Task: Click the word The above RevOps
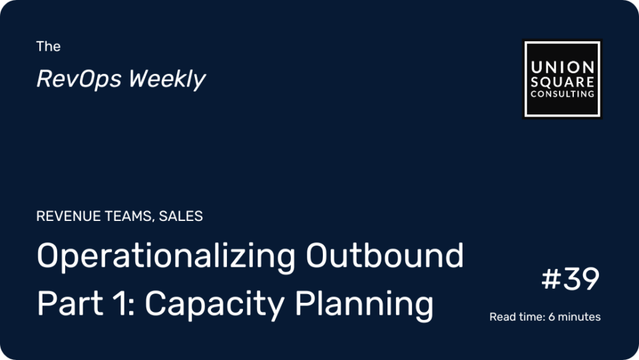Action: tap(48, 47)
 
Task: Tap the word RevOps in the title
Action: tap(79, 79)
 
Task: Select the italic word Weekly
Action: tap(167, 79)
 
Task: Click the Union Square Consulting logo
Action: tap(562, 79)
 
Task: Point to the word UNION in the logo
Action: tap(562, 67)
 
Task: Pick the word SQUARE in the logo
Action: tap(562, 82)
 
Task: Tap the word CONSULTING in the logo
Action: tap(562, 94)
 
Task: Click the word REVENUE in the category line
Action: tap(69, 216)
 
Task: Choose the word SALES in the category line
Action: tap(180, 216)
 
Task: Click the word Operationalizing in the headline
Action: tap(166, 257)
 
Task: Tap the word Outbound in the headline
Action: tap(385, 256)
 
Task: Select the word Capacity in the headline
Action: tap(214, 305)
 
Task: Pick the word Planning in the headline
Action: tap(364, 305)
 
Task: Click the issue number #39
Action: tap(570, 279)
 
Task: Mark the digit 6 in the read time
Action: tap(551, 317)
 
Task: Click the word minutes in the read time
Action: tap(579, 317)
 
